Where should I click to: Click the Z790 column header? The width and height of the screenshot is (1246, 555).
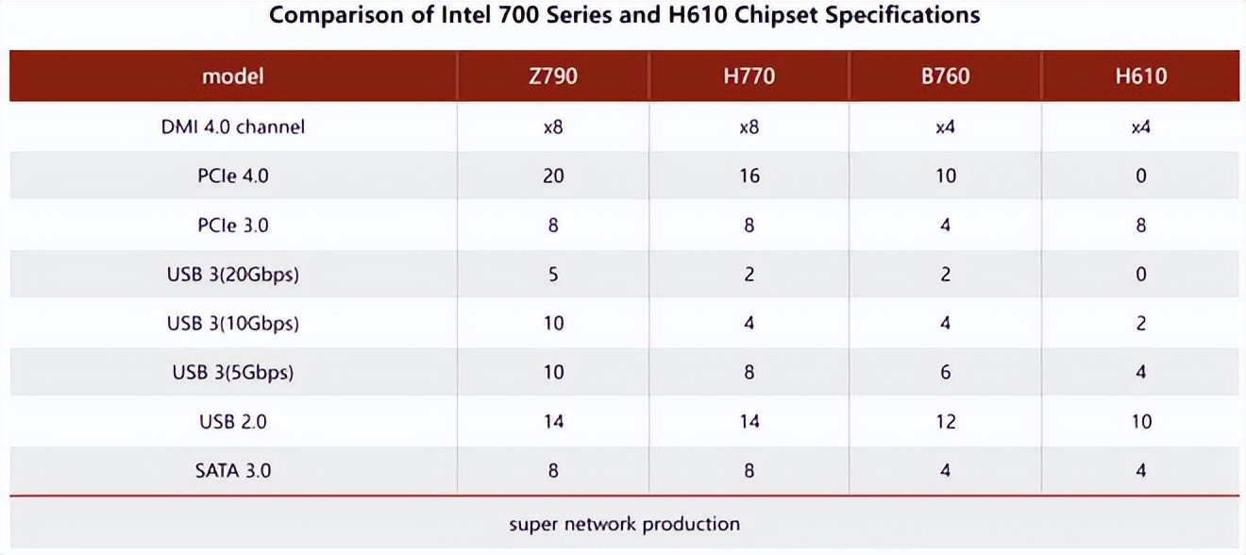tap(553, 76)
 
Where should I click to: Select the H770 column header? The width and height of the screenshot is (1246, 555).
tap(749, 76)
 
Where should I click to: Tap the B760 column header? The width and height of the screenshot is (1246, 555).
tap(945, 76)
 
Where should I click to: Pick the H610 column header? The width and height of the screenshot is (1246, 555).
tap(1140, 76)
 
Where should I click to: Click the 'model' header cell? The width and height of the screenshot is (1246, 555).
tap(233, 76)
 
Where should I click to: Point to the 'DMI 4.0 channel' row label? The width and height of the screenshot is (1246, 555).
tap(233, 126)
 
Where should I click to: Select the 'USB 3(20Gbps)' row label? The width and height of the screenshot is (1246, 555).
tap(233, 275)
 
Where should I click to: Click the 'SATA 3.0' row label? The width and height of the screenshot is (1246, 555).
tap(233, 470)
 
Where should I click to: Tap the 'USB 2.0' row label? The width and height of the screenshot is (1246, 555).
tap(233, 421)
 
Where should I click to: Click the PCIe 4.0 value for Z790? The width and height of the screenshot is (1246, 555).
tap(553, 176)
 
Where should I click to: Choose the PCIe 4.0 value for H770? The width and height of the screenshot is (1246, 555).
tap(749, 176)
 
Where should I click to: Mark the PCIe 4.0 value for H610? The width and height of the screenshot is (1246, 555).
tap(1140, 176)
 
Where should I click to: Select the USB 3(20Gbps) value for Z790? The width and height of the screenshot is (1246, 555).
tap(553, 275)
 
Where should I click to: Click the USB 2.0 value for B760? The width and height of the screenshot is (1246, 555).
tap(945, 421)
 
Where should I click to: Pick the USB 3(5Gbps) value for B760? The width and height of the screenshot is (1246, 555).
tap(945, 372)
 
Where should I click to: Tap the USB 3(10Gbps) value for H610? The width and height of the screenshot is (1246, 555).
tap(1140, 323)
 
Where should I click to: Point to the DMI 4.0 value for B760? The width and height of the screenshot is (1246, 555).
tap(945, 126)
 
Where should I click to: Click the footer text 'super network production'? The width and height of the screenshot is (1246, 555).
tap(624, 524)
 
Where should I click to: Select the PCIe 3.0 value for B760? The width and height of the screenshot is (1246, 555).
tap(945, 226)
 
